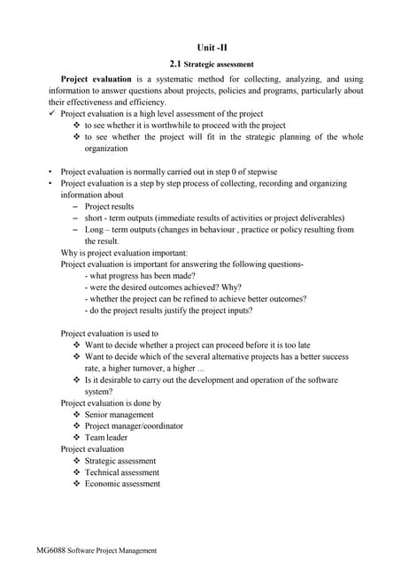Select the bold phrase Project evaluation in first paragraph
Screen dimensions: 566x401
coord(96,79)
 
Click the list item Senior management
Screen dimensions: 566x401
coord(119,415)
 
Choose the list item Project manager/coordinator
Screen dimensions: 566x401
coord(134,426)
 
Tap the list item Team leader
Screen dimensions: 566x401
coord(105,438)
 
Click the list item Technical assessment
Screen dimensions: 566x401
coord(121,472)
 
